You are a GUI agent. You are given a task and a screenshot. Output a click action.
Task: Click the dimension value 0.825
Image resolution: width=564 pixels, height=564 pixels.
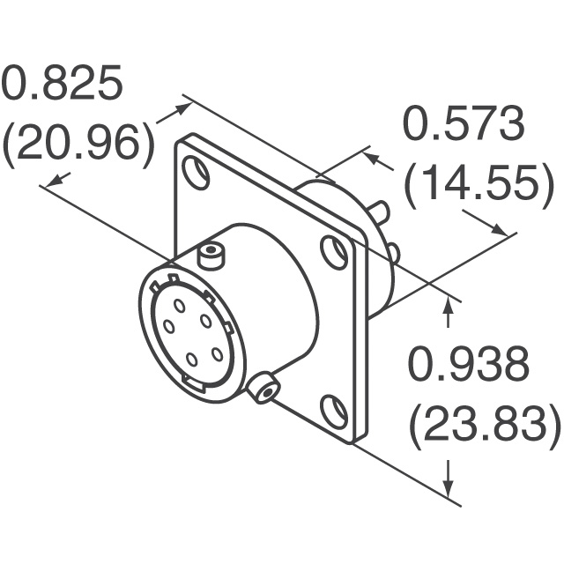pos(63,84)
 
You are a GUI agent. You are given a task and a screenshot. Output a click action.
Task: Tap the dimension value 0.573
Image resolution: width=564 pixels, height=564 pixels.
pos(464,123)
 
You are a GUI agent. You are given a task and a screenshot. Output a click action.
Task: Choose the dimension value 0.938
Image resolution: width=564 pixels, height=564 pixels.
pos(468,363)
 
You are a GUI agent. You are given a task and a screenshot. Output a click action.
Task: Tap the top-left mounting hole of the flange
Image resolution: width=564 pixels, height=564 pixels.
pos(196,171)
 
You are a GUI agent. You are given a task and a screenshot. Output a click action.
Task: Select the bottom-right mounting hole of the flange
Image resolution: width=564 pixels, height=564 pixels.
pos(334,409)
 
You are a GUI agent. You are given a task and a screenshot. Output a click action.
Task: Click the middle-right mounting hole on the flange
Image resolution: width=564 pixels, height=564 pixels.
pos(334,251)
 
